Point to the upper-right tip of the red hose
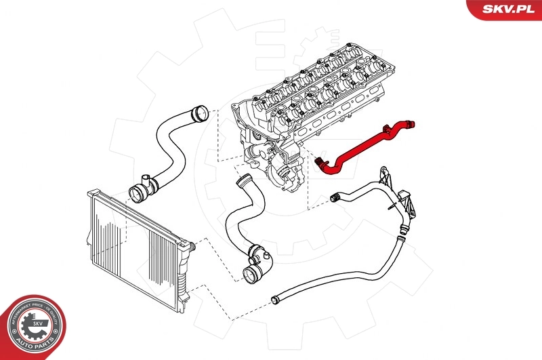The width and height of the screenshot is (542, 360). tap(411, 124)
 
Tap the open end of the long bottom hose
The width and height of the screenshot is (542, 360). tap(274, 299)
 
